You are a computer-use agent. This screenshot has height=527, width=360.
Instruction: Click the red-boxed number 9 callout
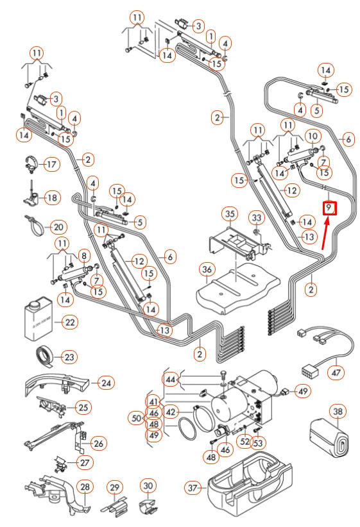click(x=329, y=208)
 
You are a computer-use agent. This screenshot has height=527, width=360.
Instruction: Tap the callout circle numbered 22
click(x=69, y=322)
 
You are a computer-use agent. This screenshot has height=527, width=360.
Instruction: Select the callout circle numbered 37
click(x=193, y=488)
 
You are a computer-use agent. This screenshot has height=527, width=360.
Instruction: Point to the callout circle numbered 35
click(x=230, y=213)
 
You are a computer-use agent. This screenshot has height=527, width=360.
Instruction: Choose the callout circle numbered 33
click(x=256, y=219)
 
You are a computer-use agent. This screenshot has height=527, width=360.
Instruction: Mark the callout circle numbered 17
click(x=51, y=164)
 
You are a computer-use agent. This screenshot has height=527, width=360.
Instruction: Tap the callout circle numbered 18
click(x=52, y=198)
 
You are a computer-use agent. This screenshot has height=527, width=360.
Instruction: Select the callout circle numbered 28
click(x=84, y=487)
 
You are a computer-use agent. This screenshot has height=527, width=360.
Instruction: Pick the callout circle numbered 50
click(x=136, y=418)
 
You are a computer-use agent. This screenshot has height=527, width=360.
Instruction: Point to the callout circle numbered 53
click(x=258, y=442)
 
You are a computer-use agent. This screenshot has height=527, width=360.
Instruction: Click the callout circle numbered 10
click(x=313, y=136)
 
